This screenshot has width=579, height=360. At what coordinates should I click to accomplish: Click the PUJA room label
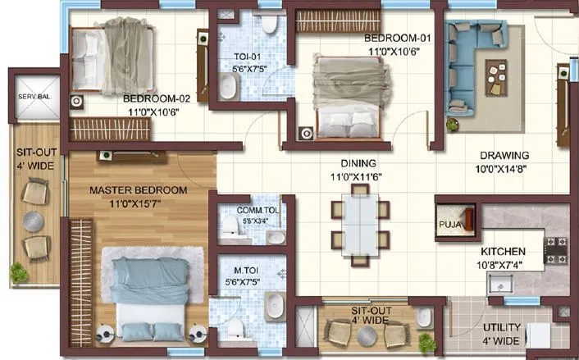[448, 222]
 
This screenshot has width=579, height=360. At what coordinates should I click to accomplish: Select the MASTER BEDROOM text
[138, 190]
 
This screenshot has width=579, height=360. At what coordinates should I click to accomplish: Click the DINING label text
[359, 163]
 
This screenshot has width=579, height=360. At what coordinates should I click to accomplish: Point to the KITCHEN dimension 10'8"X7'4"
[515, 263]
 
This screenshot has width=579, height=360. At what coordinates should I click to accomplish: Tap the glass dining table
[359, 223]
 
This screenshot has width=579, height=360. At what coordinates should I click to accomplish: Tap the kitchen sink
[500, 284]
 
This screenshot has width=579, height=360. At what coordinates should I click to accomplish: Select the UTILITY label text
[502, 327]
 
